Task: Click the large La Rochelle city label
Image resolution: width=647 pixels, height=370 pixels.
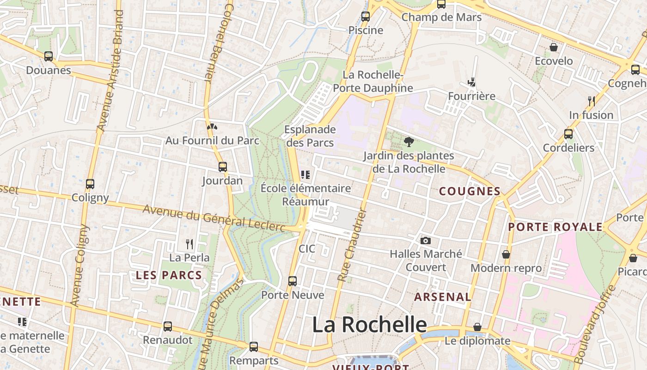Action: pyautogui.click(x=369, y=325)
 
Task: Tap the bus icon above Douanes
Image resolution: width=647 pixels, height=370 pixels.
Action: pyautogui.click(x=49, y=56)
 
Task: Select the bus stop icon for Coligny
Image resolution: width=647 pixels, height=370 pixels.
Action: pyautogui.click(x=90, y=184)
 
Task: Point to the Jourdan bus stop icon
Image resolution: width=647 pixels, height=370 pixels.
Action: pyautogui.click(x=222, y=167)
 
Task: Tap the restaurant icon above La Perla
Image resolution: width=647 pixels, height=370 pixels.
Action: pyautogui.click(x=189, y=244)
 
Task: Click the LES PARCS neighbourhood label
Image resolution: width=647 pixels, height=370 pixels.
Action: pyautogui.click(x=169, y=275)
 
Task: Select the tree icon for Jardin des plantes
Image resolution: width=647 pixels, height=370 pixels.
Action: pyautogui.click(x=409, y=142)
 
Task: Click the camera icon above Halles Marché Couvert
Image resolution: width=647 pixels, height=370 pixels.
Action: pyautogui.click(x=426, y=240)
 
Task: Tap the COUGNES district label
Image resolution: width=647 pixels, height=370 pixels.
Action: pyautogui.click(x=470, y=191)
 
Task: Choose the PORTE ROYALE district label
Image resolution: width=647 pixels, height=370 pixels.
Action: pyautogui.click(x=555, y=227)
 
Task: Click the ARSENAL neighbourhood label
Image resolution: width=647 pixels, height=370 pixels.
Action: pyautogui.click(x=442, y=297)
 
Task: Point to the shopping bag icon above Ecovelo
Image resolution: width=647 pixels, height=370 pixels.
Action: pyautogui.click(x=553, y=47)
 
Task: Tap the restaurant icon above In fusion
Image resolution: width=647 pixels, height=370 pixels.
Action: pyautogui.click(x=591, y=101)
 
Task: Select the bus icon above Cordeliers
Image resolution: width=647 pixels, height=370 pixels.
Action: pyautogui.click(x=568, y=134)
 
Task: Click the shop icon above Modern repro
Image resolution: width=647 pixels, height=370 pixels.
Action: pyautogui.click(x=506, y=254)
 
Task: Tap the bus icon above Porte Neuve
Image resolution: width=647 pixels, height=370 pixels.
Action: pyautogui.click(x=293, y=281)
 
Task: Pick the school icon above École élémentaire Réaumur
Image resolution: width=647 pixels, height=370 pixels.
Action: pyautogui.click(x=305, y=175)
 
